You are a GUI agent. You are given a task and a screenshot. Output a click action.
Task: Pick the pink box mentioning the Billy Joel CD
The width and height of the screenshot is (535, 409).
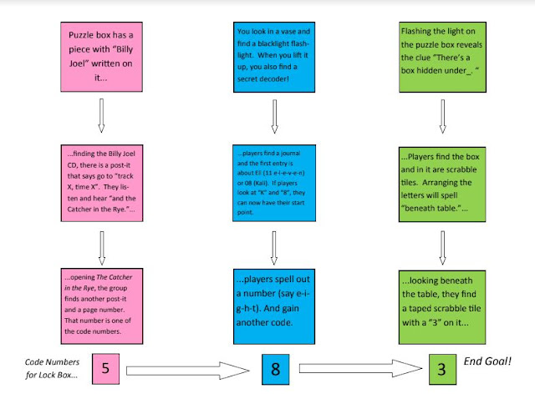point(100,180)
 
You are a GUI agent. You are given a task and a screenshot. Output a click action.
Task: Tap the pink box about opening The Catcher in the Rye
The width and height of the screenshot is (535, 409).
point(100,302)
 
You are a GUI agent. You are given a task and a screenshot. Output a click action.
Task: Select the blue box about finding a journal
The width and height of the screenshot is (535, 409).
point(273,180)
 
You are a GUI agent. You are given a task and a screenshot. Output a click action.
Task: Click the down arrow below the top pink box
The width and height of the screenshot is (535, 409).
point(100,115)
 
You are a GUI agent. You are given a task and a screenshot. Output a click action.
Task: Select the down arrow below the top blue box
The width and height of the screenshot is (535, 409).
point(273,115)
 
